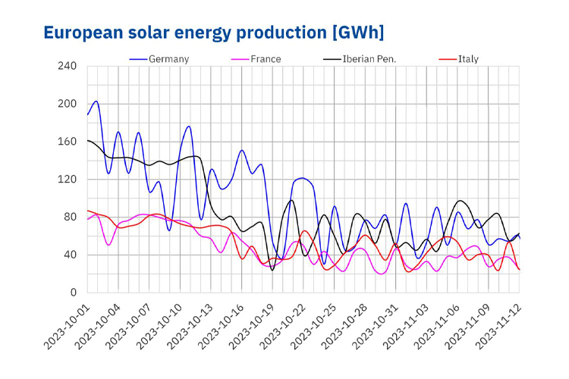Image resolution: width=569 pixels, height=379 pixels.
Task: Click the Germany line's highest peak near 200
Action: pos(96,102)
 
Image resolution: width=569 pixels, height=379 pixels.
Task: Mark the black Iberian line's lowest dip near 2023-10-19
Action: pos(272,270)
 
